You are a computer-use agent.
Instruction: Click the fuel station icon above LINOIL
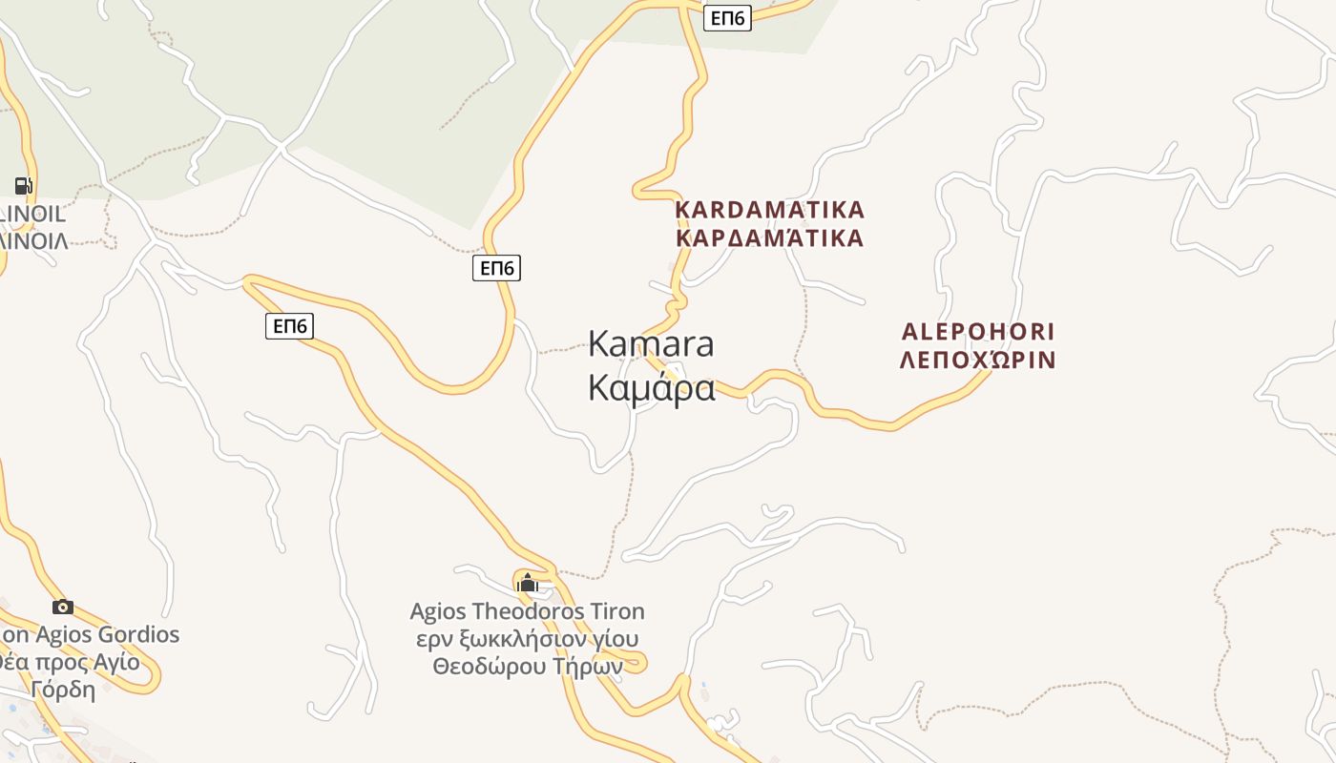tap(23, 185)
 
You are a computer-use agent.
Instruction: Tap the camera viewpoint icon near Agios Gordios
tap(63, 607)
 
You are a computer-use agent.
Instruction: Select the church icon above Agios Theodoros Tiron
tap(527, 583)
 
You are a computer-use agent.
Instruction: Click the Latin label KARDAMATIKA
tap(769, 210)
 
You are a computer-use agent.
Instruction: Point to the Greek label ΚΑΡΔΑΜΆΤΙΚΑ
tap(769, 238)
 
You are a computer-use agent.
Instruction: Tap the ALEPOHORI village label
tap(978, 332)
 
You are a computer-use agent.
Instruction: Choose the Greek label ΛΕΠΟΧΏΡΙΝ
tap(978, 361)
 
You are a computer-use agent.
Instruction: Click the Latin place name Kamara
tap(651, 343)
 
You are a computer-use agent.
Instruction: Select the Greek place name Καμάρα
tap(651, 388)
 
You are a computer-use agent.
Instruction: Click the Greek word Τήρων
tap(588, 667)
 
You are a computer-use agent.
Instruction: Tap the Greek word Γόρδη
tap(63, 690)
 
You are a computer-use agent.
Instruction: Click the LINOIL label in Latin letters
tap(34, 214)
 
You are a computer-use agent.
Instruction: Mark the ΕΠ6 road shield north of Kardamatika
tap(727, 18)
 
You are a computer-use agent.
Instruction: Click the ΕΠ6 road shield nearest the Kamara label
tap(496, 269)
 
